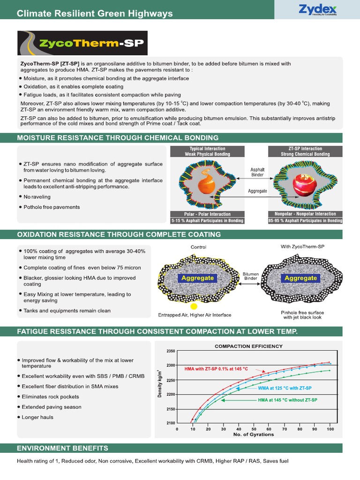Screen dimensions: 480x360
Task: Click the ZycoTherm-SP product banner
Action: [82, 43]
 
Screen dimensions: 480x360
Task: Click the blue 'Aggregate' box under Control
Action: [197, 278]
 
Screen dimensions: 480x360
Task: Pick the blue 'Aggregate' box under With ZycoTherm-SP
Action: [300, 278]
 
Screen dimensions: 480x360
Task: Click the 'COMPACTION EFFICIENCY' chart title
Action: [248, 346]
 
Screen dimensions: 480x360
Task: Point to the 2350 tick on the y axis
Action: [170, 351]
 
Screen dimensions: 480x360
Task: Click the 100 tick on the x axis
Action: [330, 428]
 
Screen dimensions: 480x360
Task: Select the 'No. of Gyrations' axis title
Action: [254, 435]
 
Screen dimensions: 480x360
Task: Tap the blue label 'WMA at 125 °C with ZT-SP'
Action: [285, 389]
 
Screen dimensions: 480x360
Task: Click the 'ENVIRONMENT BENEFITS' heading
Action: [62, 448]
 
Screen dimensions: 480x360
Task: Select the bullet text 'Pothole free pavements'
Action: [52, 207]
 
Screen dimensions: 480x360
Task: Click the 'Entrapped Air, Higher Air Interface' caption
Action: [195, 315]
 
